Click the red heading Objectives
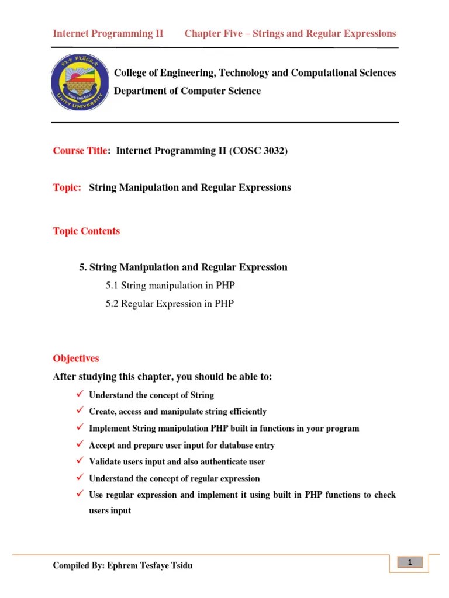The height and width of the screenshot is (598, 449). pyautogui.click(x=76, y=359)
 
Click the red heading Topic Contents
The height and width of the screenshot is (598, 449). pyautogui.click(x=87, y=231)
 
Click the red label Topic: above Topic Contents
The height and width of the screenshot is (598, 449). pyautogui.click(x=67, y=187)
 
